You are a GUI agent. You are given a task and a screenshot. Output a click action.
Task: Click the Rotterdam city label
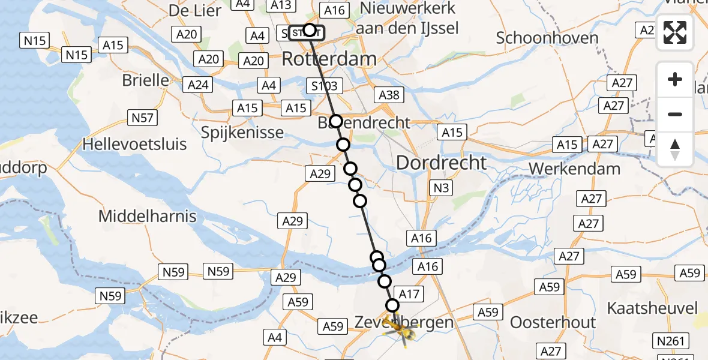click(329, 59)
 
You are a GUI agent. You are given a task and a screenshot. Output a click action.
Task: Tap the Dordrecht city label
click(441, 162)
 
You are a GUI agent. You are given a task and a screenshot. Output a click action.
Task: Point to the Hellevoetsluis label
click(135, 145)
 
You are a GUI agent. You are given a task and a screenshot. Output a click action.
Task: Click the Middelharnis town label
click(147, 216)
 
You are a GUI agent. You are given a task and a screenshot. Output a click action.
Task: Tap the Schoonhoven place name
click(547, 38)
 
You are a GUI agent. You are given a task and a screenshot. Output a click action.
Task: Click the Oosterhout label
click(553, 322)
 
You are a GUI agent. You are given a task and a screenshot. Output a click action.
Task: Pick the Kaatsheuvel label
click(652, 309)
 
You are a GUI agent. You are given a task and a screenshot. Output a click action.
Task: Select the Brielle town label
click(145, 80)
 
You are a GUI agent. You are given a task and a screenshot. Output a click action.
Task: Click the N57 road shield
click(142, 118)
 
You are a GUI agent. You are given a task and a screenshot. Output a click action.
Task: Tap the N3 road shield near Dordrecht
click(441, 188)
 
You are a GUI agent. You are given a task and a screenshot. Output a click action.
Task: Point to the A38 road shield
click(389, 94)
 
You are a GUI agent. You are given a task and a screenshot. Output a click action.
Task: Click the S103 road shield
click(325, 86)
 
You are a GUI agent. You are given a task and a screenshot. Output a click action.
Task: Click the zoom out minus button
click(675, 114)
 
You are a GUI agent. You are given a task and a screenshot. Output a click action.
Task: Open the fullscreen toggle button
click(675, 32)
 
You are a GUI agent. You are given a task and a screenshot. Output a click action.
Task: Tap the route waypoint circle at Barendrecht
click(336, 121)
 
